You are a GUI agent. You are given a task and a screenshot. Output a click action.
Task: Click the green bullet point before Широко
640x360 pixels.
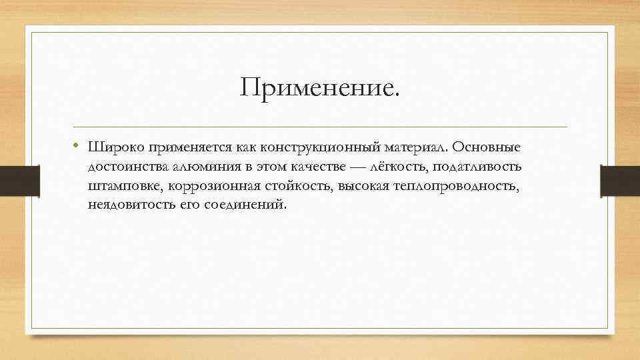[x=77, y=145]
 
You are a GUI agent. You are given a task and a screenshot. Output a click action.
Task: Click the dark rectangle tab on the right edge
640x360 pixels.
[x=620, y=181]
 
